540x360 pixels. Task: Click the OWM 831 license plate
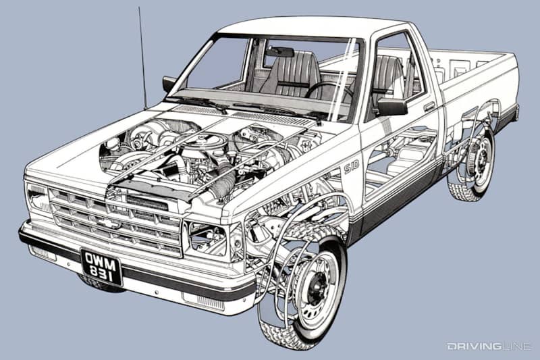tap(102, 267)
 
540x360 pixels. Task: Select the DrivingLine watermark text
tap(489, 346)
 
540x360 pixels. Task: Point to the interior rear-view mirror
tap(280, 52)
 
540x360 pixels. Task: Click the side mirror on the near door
tap(392, 107)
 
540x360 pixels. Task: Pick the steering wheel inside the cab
tap(327, 91)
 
